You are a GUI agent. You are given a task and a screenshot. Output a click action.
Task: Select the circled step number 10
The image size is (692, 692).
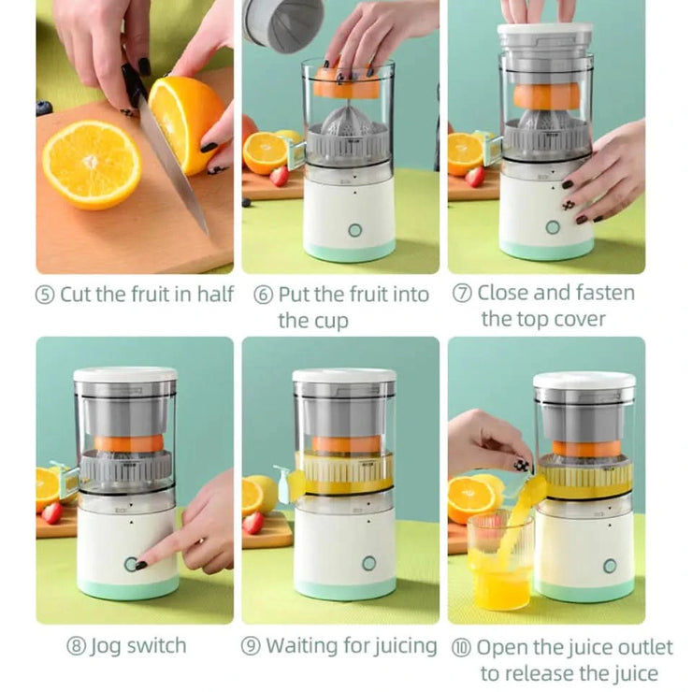click(461, 648)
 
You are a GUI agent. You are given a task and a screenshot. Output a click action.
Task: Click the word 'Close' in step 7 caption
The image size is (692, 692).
click(507, 293)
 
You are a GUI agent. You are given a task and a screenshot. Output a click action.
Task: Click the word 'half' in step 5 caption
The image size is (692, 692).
click(215, 294)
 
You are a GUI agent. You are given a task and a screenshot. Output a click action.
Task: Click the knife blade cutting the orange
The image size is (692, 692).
click(174, 168)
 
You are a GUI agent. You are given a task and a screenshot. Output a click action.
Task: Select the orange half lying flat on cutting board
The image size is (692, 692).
click(92, 164)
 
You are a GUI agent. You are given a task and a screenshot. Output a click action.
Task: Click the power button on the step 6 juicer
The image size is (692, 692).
click(354, 230)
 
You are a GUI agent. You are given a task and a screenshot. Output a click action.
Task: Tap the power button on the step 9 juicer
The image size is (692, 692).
click(368, 564)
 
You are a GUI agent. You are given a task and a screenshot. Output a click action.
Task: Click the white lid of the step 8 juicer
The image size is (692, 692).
click(125, 374)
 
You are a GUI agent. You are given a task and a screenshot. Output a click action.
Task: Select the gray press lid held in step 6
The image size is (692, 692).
click(281, 22)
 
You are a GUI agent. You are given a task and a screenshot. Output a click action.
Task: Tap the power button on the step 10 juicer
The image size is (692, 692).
click(610, 566)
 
